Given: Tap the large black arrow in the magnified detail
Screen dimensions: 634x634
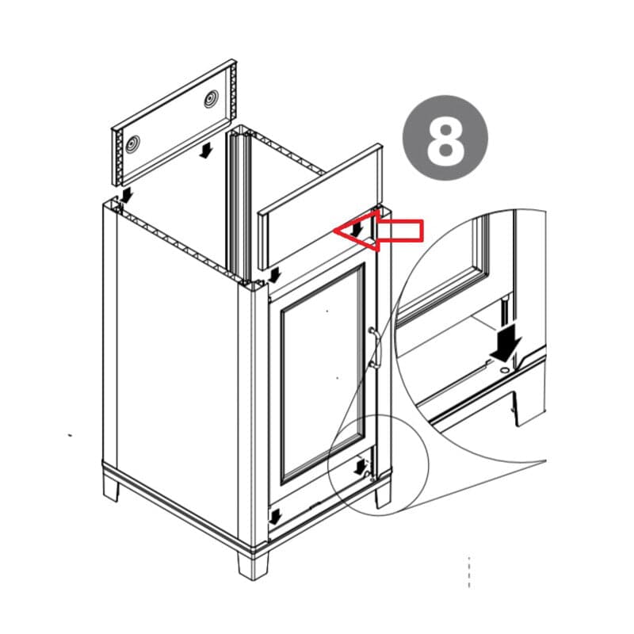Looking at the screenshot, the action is (506, 342).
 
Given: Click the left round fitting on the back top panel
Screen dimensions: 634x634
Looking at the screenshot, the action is (132, 143).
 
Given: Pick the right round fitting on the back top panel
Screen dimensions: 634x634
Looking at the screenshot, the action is (211, 98).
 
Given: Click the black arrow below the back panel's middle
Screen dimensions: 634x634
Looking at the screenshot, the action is (206, 151).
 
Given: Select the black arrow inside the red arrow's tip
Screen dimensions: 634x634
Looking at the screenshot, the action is (357, 229).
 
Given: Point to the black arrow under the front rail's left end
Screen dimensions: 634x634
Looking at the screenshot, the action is (274, 275).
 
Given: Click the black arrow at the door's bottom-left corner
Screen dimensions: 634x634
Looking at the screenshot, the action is (275, 517).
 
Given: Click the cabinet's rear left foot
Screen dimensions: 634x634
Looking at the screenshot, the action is (110, 488).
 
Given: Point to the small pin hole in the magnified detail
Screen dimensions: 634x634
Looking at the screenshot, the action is (505, 369).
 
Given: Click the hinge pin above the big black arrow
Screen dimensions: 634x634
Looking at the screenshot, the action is (505, 311).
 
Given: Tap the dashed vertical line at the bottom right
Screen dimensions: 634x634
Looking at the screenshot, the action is (469, 571).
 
